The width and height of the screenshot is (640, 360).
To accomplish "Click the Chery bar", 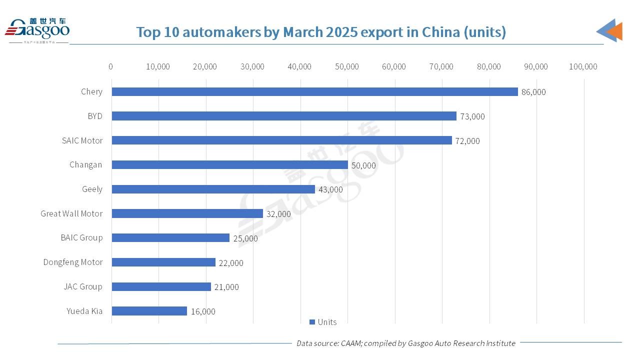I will coord(314,91).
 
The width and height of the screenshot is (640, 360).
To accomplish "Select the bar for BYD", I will coord(284,116).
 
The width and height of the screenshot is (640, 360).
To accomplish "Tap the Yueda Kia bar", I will coord(149,311).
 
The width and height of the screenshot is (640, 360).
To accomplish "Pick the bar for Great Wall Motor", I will coord(187,213).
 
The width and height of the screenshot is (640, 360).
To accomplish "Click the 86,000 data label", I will coord(533,92).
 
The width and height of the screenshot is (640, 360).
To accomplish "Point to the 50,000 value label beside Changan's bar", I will coord(363,165).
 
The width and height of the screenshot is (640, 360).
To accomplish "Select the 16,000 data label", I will coord(203,311).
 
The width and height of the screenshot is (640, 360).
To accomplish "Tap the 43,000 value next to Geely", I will coord(330,189).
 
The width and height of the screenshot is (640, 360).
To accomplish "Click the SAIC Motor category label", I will coord(82,140).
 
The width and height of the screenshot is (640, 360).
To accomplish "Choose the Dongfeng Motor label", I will coord(73,262).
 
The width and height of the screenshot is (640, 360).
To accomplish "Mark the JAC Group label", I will coord(83,286).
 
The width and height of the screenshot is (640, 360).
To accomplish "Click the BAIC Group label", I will coord(81,237).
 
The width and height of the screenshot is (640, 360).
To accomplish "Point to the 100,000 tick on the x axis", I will coord(583,66).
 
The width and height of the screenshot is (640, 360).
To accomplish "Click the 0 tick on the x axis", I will coord(110,66).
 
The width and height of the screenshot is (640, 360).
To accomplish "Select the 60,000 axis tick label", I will coord(394,66).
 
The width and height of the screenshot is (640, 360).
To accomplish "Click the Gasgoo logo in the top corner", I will coord(37,30).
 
